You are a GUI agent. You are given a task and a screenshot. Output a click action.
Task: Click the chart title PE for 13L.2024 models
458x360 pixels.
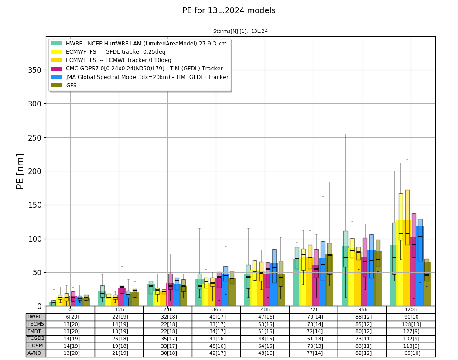pyautogui.click(x=229, y=10)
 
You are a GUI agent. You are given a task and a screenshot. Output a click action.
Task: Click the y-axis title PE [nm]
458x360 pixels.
pyautogui.click(x=20, y=171)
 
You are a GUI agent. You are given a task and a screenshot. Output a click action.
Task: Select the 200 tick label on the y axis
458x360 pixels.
pyautogui.click(x=35, y=171)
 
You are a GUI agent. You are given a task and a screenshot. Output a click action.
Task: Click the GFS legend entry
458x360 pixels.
pyautogui.click(x=64, y=86)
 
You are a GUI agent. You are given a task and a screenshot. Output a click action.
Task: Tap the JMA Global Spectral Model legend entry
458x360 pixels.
pyautogui.click(x=140, y=77)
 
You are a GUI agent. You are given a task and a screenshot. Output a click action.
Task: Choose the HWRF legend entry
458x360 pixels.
pyautogui.click(x=138, y=44)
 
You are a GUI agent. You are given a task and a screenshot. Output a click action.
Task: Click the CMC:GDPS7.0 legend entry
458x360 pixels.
pyautogui.click(x=137, y=69)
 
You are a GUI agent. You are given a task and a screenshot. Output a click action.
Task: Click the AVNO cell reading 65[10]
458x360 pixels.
pyautogui.click(x=411, y=353)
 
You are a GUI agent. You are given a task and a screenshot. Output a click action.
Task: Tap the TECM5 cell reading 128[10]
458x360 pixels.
pyautogui.click(x=411, y=324)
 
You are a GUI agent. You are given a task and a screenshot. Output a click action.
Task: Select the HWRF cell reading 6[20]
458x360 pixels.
pyautogui.click(x=70, y=317)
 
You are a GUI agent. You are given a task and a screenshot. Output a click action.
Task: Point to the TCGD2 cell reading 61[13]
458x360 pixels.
pyautogui.click(x=314, y=338)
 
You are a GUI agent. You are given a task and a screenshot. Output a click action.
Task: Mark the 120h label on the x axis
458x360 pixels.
pyautogui.click(x=411, y=309)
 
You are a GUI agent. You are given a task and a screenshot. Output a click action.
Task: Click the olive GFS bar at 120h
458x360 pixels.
pyautogui.click(x=427, y=284)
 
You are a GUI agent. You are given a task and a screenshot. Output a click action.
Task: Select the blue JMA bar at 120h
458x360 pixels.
pyautogui.click(x=420, y=266)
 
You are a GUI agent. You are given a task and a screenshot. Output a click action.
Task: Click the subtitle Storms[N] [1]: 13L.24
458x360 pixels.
pyautogui.click(x=240, y=31)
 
